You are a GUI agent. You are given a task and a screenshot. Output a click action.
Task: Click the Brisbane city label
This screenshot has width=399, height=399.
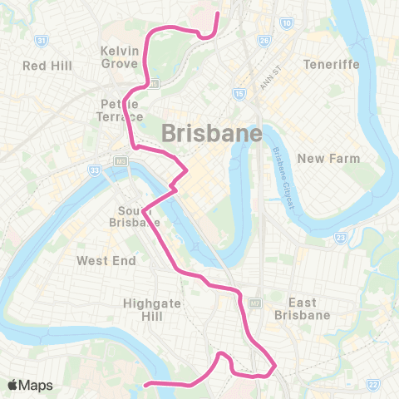(211, 132)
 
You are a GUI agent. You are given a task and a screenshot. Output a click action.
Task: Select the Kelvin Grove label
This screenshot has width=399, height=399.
(119, 56)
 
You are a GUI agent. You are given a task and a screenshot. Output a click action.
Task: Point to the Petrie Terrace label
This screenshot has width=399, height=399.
(121, 111)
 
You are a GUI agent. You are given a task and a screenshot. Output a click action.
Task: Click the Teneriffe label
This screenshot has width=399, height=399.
(329, 65)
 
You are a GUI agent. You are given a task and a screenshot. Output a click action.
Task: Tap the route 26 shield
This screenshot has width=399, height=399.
(264, 39)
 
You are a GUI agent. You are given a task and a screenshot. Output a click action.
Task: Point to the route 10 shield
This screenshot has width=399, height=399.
(286, 23)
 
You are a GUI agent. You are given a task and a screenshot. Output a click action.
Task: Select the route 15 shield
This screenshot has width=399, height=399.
(239, 94)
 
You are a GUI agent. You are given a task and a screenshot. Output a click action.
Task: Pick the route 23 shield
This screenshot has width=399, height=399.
(340, 238)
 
